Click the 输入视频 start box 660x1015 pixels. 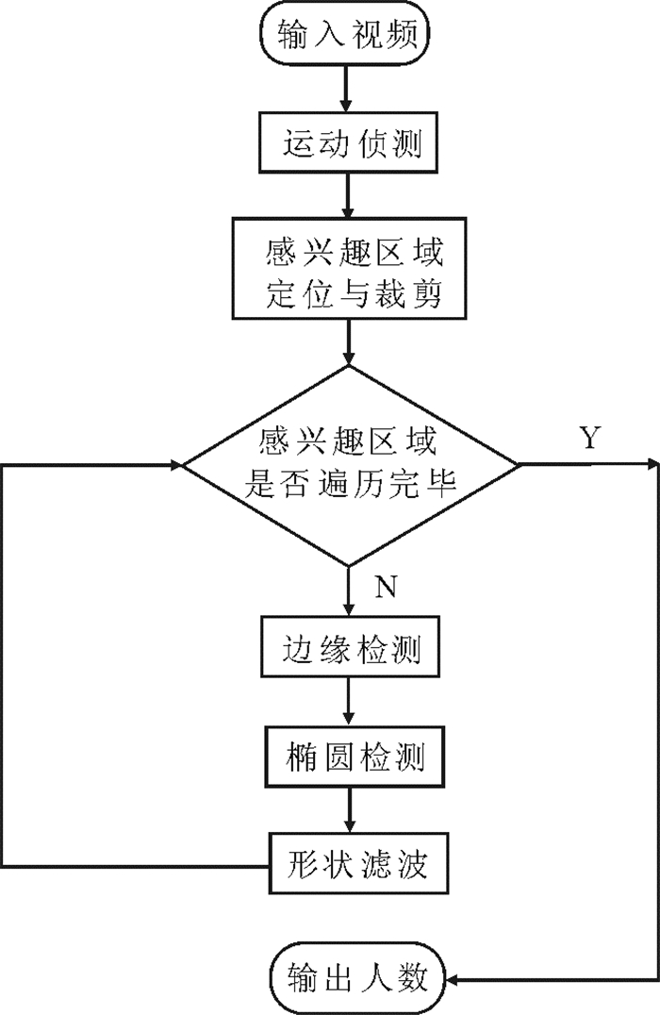coord(345,34)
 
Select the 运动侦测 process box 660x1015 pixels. coord(348,142)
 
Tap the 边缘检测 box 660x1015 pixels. coord(350,647)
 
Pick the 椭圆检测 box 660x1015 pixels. coord(355,757)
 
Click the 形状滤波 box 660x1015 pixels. coord(358,863)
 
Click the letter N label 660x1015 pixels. coord(386,587)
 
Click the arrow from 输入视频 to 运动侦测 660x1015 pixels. coord(346,89)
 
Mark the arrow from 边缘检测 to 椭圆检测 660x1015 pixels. coord(350,702)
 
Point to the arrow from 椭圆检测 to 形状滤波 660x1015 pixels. coord(350,809)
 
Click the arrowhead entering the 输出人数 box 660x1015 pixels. coord(453,979)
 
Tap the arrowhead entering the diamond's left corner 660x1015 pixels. coord(176,464)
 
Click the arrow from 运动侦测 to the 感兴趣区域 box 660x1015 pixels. coord(348,195)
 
